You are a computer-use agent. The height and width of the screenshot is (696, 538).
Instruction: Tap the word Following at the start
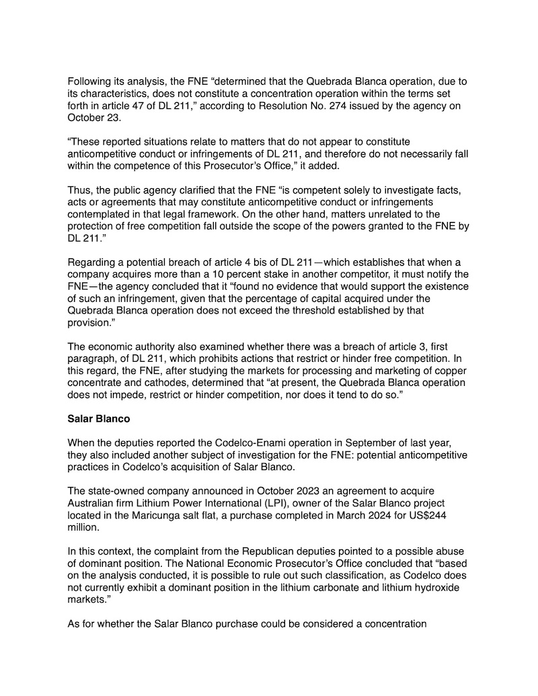coord(91,81)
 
